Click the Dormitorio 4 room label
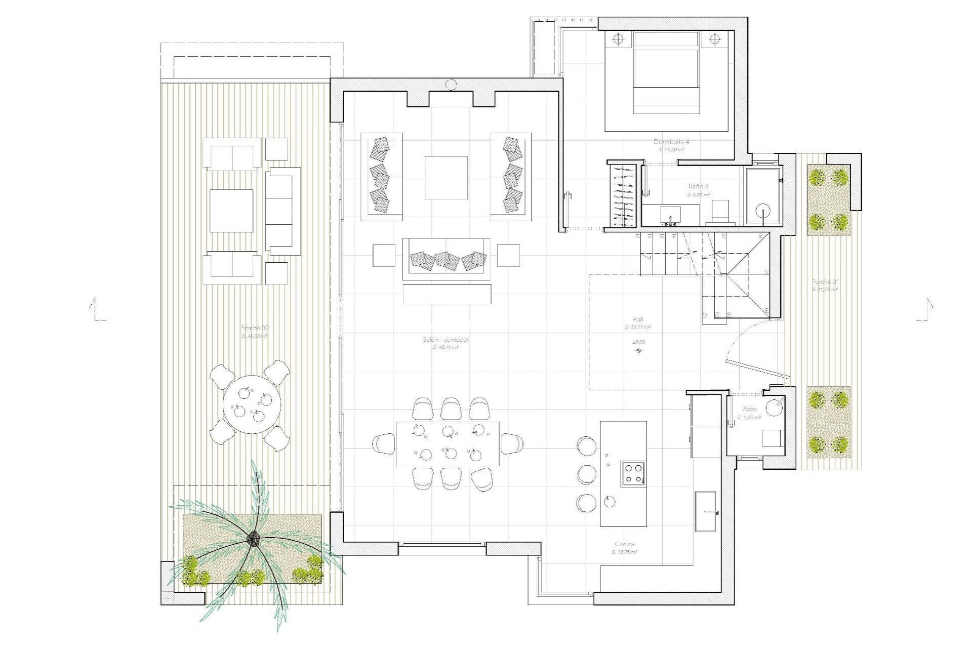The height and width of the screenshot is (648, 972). tap(671, 142)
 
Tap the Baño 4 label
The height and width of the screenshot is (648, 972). tap(698, 186)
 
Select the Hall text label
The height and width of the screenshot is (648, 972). tap(637, 319)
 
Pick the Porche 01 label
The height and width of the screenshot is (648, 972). tap(821, 281)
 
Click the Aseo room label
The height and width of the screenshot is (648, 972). tap(749, 409)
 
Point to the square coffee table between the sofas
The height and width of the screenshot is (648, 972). tap(446, 178)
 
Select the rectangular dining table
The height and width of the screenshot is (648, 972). tap(448, 443)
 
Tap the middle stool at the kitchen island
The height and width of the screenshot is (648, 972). tap(587, 474)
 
